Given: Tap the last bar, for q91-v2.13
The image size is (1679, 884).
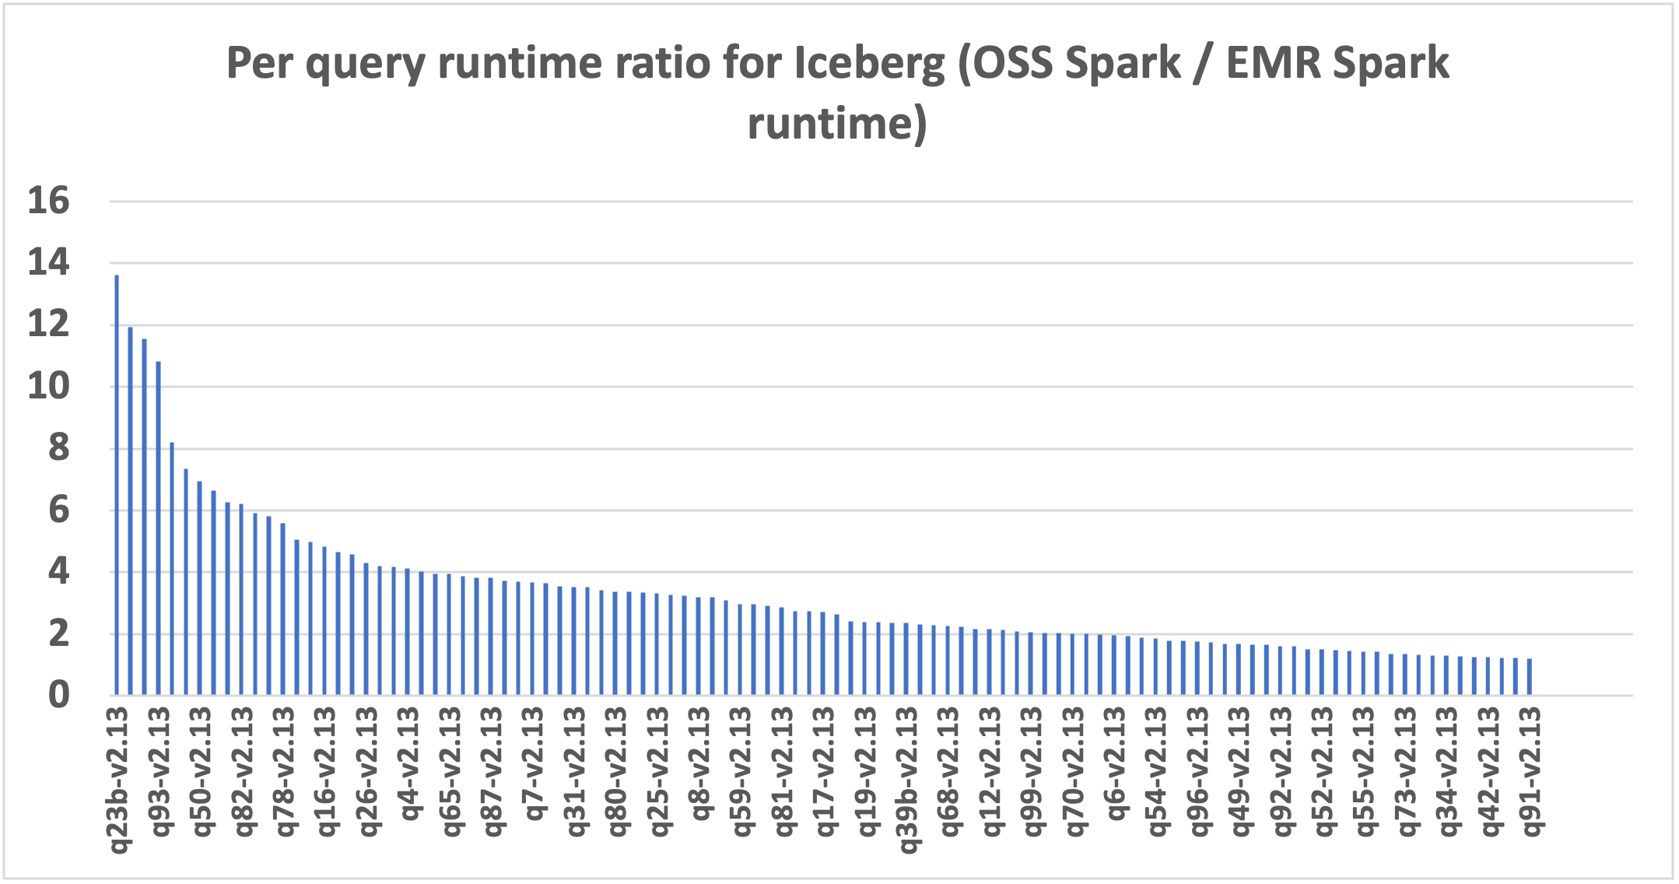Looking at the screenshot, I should (1530, 677).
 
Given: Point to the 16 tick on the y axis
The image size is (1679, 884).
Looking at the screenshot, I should (48, 202).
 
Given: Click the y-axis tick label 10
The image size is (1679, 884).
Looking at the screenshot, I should (48, 386).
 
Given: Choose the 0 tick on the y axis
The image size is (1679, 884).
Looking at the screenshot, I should (58, 695).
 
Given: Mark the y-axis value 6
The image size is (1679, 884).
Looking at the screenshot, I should (58, 510).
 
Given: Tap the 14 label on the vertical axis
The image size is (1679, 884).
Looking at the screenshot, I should (48, 263).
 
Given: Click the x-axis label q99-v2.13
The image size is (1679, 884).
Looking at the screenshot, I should (1032, 771).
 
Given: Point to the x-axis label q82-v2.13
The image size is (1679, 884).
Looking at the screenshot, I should (243, 771).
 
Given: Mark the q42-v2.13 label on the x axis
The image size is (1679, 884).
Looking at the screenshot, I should (1489, 771).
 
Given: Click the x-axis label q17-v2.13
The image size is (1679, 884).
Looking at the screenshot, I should (825, 771).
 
